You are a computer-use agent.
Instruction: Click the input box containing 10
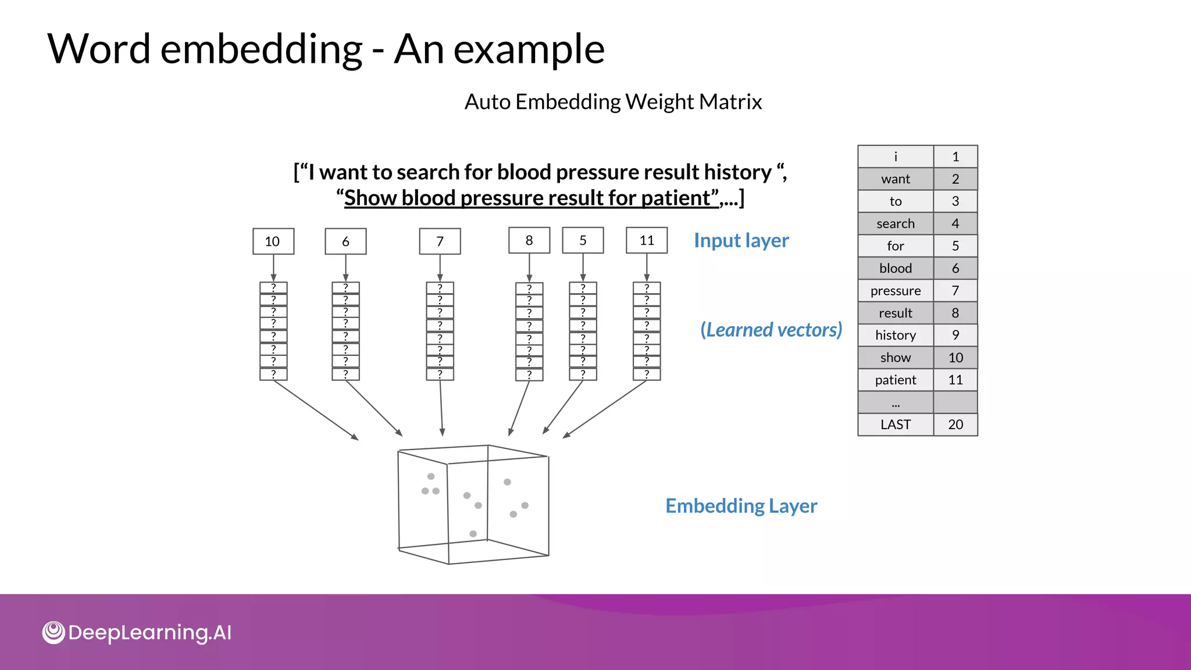pyautogui.click(x=273, y=241)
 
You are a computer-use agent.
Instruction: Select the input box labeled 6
pyautogui.click(x=345, y=241)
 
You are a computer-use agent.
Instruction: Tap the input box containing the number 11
pyautogui.click(x=646, y=240)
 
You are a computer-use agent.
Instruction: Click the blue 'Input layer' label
pyautogui.click(x=741, y=240)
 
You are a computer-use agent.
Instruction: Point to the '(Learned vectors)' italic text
pyautogui.click(x=771, y=330)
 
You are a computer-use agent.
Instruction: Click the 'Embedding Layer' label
pyautogui.click(x=741, y=505)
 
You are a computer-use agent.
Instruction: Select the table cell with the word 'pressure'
pyautogui.click(x=895, y=291)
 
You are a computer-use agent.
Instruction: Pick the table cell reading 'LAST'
pyautogui.click(x=895, y=425)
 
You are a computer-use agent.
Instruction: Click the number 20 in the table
pyautogui.click(x=955, y=425)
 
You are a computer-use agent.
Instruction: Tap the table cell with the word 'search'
pyautogui.click(x=895, y=224)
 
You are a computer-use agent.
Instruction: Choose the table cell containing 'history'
pyautogui.click(x=895, y=335)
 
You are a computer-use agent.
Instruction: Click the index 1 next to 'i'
pyautogui.click(x=955, y=156)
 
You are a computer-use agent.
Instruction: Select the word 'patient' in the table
pyautogui.click(x=895, y=380)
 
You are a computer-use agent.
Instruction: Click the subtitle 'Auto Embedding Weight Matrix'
pyautogui.click(x=613, y=102)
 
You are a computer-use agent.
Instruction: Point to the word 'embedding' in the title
pyautogui.click(x=261, y=49)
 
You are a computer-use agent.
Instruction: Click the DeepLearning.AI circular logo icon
pyautogui.click(x=54, y=632)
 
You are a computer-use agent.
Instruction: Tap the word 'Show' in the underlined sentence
pyautogui.click(x=370, y=198)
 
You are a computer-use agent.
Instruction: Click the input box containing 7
pyautogui.click(x=440, y=241)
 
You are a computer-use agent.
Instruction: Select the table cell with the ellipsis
pyautogui.click(x=895, y=402)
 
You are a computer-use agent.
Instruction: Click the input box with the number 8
pyautogui.click(x=529, y=240)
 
